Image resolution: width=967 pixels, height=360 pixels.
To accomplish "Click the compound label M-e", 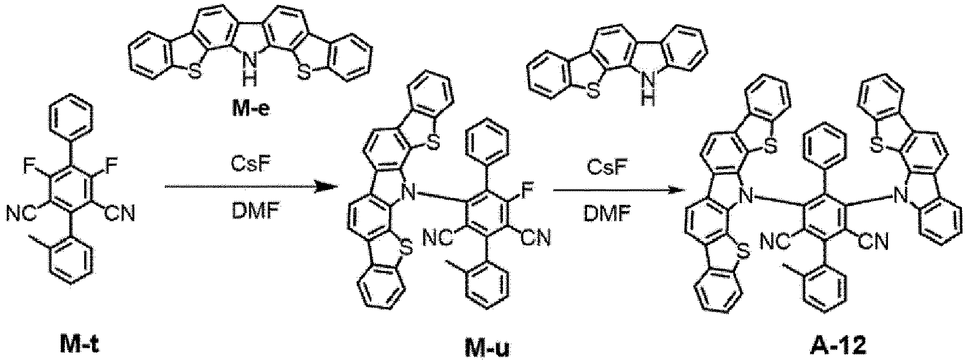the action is (251, 108).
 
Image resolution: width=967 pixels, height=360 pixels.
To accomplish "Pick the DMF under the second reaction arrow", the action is (606, 213).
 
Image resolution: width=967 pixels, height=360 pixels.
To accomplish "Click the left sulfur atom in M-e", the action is (195, 73).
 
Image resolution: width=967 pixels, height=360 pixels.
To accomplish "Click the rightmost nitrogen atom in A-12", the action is (902, 197).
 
